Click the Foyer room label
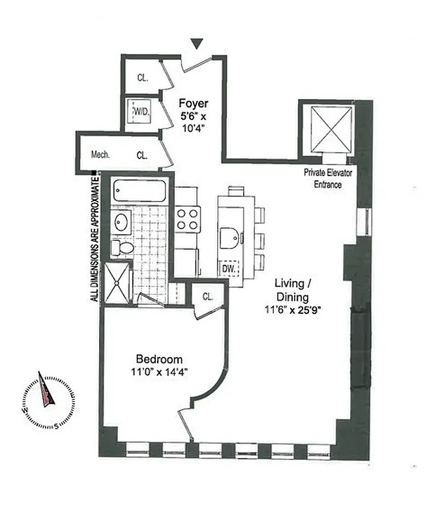(x=194, y=103)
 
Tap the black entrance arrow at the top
(x=198, y=44)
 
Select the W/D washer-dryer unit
(x=141, y=112)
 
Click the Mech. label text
(x=100, y=155)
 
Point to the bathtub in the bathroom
(x=139, y=191)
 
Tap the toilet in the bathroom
(x=123, y=247)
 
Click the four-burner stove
(x=188, y=219)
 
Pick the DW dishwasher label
(x=229, y=268)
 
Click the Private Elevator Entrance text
(x=323, y=178)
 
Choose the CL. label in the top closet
(x=143, y=77)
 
